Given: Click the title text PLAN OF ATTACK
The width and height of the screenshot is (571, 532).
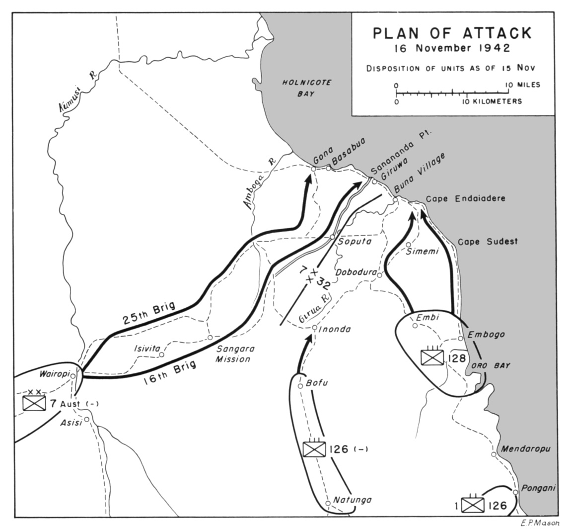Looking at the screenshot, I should coord(452,33).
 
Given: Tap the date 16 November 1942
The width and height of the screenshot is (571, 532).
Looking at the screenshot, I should coord(451,49).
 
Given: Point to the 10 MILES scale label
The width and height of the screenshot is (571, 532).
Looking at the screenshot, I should coord(523,85).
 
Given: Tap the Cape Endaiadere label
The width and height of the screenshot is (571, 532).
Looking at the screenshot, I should coord(465,198).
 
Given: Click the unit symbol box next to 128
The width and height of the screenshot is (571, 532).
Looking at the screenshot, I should coord(431,357).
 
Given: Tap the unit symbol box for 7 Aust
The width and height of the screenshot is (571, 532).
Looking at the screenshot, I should coord(34,402).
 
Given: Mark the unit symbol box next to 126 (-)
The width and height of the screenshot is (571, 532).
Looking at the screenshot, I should coord(314,449).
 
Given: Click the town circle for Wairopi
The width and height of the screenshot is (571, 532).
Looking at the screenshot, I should coord(73,376).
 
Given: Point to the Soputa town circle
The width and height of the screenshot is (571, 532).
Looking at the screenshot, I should coord(333,237).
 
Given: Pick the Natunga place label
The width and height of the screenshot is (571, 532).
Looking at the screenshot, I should coord(352,500).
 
